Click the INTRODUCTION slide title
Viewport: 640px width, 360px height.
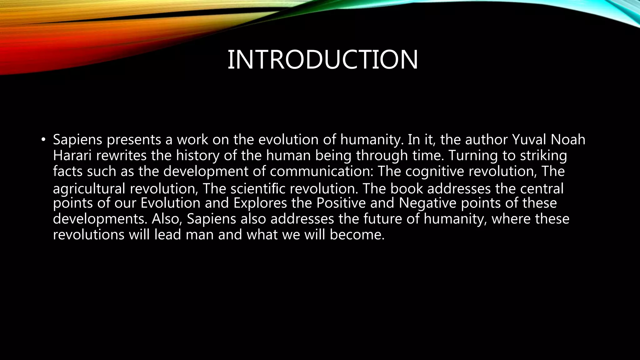[x=322, y=60]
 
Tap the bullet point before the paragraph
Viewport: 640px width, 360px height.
[x=43, y=139]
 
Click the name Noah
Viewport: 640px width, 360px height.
[x=568, y=139]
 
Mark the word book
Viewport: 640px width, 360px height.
[x=407, y=188]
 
